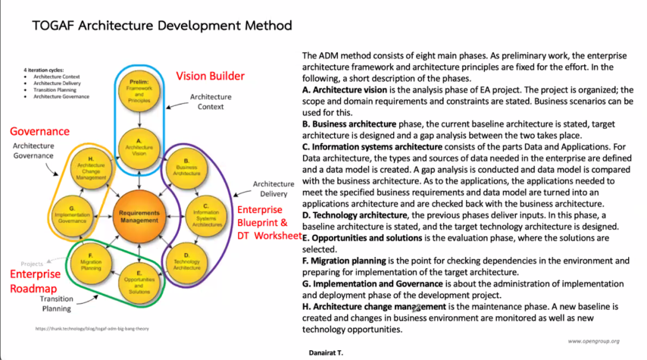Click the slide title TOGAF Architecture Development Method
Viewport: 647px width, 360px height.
[162, 25]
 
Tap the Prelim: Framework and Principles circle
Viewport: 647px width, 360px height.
[136, 89]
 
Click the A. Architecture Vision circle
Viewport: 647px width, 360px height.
[136, 146]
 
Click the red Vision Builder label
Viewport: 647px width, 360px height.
[211, 77]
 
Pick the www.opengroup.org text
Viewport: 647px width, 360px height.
[594, 341]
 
